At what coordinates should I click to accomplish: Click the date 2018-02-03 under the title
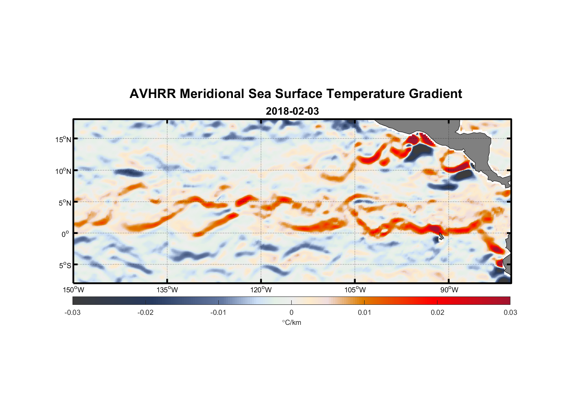point(292,111)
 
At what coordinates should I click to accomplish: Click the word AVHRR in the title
point(152,94)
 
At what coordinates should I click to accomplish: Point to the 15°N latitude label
point(63,139)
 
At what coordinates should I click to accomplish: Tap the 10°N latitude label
point(63,171)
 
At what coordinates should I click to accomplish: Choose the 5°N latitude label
point(65,203)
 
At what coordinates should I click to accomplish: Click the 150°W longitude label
point(73,290)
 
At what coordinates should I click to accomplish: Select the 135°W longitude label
point(167,290)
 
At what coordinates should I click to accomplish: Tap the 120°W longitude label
point(261,290)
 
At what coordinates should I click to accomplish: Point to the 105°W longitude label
point(355,290)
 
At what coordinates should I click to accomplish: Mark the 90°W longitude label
point(449,290)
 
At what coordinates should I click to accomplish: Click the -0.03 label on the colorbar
point(72,312)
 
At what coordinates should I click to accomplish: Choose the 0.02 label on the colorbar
point(437,312)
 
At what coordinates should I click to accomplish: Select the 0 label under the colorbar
point(291,312)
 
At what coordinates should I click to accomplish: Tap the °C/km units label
point(292,322)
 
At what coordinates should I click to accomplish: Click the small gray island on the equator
point(441,236)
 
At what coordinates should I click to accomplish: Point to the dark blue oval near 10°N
point(128,172)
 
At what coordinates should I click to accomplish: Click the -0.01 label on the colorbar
point(218,312)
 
